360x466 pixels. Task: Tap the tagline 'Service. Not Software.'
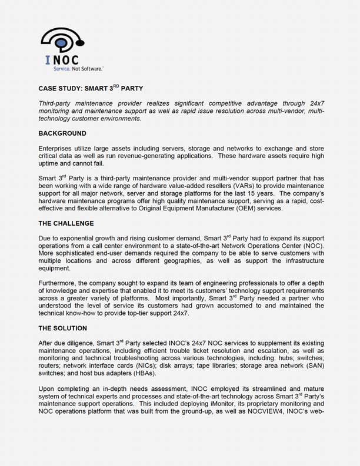tap(74, 69)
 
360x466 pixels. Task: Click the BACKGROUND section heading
tap(62, 133)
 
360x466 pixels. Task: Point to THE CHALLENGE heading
tap(66, 223)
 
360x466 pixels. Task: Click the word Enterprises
tap(57, 149)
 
